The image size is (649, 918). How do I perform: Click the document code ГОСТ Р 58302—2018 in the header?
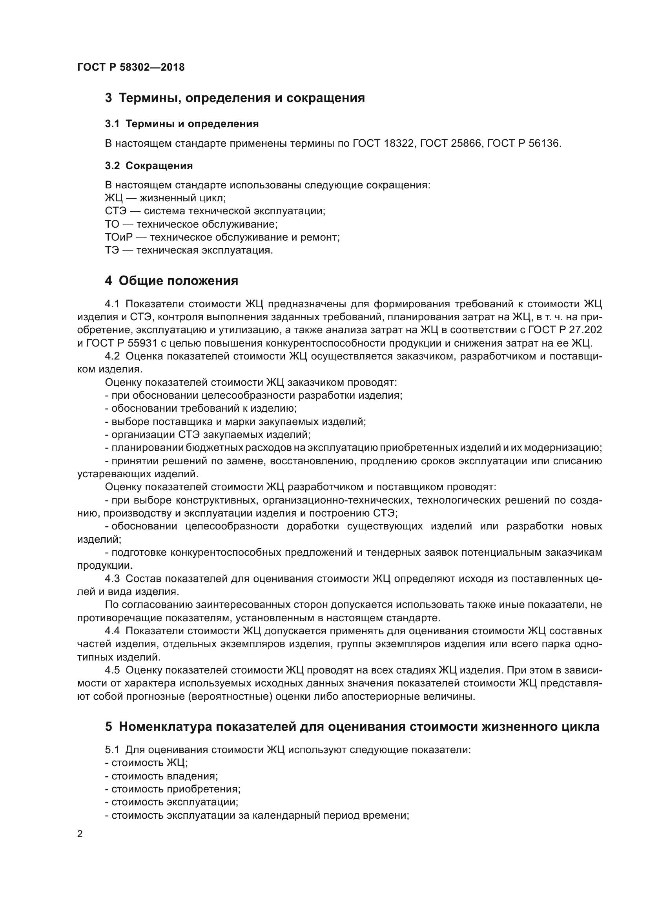pos(131,67)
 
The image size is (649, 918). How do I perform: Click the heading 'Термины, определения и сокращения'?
pos(241,98)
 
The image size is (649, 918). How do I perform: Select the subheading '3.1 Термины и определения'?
pos(182,124)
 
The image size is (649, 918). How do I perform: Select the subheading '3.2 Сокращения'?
pos(149,166)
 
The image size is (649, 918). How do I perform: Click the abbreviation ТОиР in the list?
pos(118,237)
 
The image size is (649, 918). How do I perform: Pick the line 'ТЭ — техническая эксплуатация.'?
pos(189,251)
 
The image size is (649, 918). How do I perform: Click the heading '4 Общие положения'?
pos(171,281)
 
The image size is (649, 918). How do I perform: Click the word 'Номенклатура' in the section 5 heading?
pos(165,726)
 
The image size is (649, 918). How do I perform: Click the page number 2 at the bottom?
pos(80,834)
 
